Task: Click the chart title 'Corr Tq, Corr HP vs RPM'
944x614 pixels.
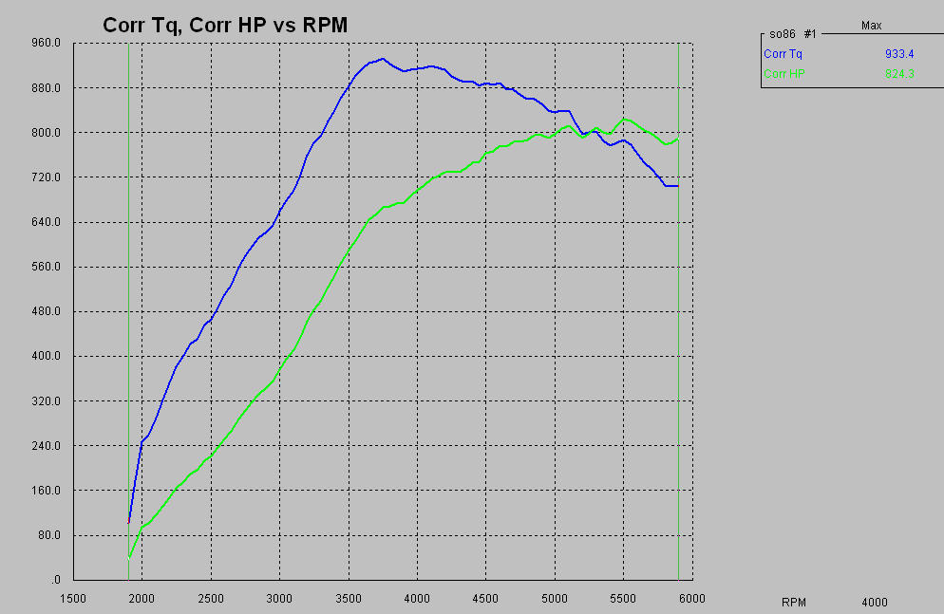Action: (225, 26)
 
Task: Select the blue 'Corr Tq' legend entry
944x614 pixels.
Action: (783, 55)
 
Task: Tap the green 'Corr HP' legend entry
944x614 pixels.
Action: (784, 73)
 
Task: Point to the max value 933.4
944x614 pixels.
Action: (898, 55)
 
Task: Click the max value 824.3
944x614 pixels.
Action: (898, 73)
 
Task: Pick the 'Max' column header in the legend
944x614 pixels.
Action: (871, 26)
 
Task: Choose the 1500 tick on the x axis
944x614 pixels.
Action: (73, 598)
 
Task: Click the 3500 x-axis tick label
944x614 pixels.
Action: (349, 598)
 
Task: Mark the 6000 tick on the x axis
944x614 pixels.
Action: (692, 598)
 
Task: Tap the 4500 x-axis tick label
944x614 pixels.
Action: (486, 598)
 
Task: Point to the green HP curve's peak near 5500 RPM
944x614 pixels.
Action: (624, 119)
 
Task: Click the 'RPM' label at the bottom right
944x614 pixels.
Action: (793, 602)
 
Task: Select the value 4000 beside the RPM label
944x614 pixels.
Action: (875, 602)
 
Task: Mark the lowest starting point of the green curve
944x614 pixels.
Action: (129, 557)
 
